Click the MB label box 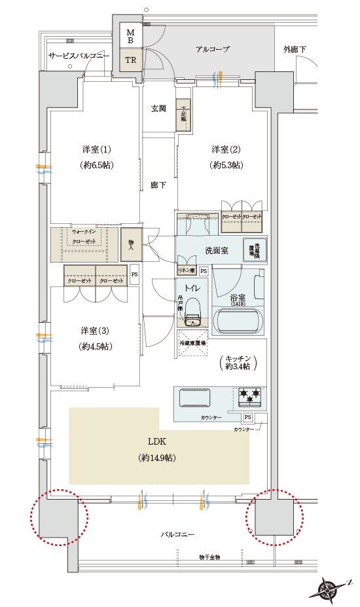click(x=130, y=35)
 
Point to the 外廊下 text click(x=295, y=49)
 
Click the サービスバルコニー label click(x=79, y=56)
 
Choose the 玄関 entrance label click(x=158, y=109)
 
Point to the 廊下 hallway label click(x=158, y=185)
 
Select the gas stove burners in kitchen click(x=249, y=395)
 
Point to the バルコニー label click(x=178, y=534)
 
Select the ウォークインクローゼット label click(x=84, y=236)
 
